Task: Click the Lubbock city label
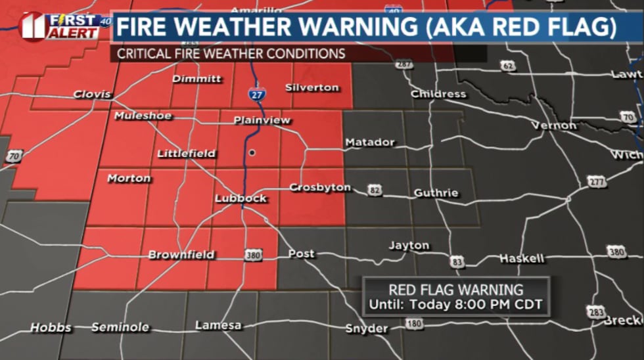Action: (241, 198)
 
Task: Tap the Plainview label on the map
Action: (262, 121)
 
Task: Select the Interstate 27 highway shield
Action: (257, 95)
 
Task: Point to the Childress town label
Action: (438, 94)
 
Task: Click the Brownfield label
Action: (181, 255)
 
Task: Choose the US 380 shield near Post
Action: (253, 255)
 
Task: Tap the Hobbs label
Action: (51, 328)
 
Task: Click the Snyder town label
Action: (367, 328)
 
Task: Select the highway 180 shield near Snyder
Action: (414, 323)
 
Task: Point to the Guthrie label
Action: (436, 193)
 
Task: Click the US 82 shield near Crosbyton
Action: (375, 191)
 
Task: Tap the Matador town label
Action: (370, 142)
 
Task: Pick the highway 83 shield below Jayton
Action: (457, 262)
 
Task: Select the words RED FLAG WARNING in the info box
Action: (456, 290)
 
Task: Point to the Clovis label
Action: (92, 95)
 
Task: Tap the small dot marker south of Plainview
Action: (252, 152)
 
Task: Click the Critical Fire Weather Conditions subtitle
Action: (231, 54)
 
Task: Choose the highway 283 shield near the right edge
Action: (595, 312)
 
